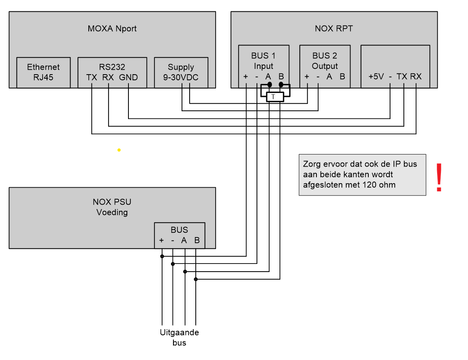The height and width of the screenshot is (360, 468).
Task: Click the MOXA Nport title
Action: pyautogui.click(x=112, y=29)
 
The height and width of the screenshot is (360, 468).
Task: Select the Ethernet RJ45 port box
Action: pyautogui.click(x=43, y=72)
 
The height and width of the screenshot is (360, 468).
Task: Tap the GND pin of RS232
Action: pyautogui.click(x=128, y=77)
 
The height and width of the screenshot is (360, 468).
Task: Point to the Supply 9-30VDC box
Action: pyautogui.click(x=181, y=72)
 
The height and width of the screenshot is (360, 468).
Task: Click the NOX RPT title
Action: pyautogui.click(x=334, y=29)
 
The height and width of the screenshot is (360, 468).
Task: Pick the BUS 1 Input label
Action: pyautogui.click(x=263, y=60)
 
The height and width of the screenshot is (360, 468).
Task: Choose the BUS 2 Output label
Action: pyautogui.click(x=325, y=60)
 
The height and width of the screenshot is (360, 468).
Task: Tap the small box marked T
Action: pyautogui.click(x=274, y=96)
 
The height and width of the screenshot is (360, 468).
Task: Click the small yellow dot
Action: pyautogui.click(x=119, y=150)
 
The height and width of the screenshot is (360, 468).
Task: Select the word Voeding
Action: pyautogui.click(x=112, y=212)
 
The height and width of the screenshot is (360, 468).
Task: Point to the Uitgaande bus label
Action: pyautogui.click(x=179, y=337)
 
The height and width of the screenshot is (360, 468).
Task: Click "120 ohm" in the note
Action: pyautogui.click(x=376, y=185)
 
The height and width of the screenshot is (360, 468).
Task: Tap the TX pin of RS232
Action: pyautogui.click(x=92, y=77)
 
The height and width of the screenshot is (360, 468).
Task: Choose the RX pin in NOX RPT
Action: pyautogui.click(x=416, y=77)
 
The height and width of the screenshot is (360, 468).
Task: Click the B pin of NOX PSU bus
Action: pyautogui.click(x=197, y=240)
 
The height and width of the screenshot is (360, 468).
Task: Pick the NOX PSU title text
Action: pyautogui.click(x=112, y=202)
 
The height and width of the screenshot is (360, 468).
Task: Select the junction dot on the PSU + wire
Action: pyautogui.click(x=162, y=256)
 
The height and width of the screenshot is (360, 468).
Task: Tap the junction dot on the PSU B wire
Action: pyautogui.click(x=196, y=279)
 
